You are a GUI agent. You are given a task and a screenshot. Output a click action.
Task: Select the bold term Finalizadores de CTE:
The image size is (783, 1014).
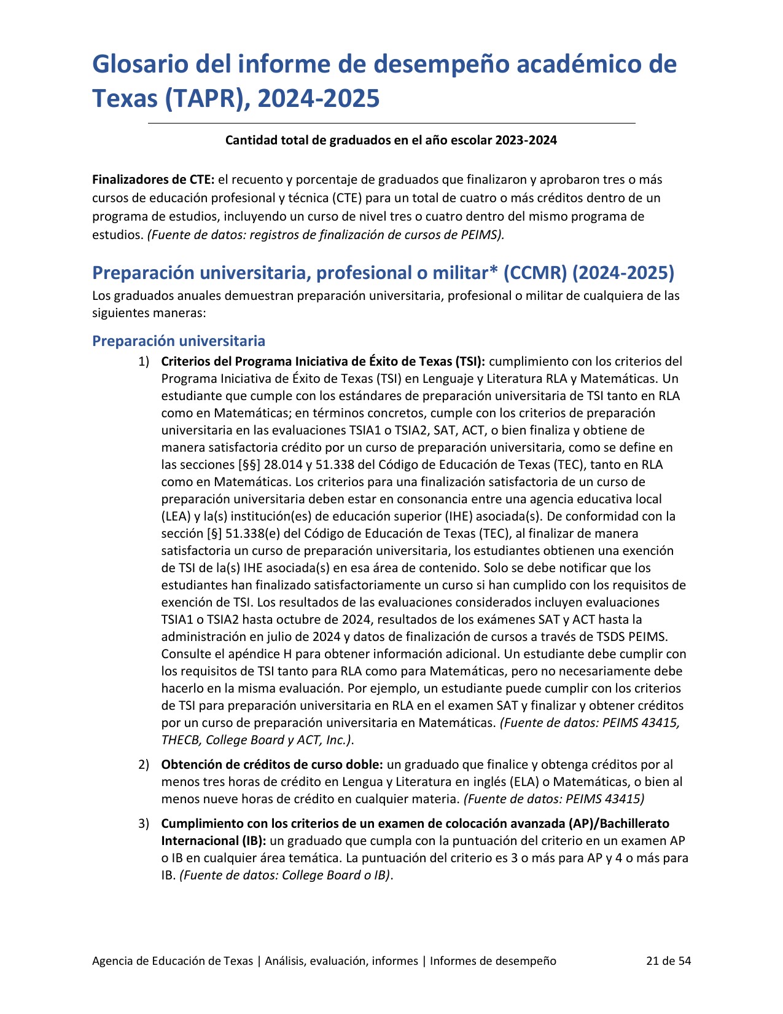tap(154, 179)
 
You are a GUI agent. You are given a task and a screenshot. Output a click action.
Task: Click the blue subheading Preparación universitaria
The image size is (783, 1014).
tap(179, 341)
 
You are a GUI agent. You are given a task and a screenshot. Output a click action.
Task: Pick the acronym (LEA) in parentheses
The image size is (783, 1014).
tap(174, 516)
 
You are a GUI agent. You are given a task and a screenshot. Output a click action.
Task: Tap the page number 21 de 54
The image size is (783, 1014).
tap(668, 961)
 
